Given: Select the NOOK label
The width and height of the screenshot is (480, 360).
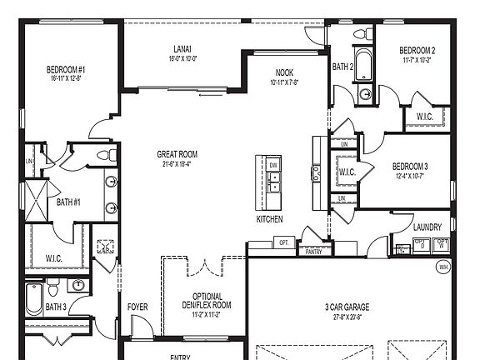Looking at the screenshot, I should (285, 72).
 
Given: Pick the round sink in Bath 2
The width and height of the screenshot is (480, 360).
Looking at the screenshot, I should (366, 95).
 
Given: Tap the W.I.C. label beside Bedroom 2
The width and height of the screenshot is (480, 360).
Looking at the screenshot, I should (424, 117).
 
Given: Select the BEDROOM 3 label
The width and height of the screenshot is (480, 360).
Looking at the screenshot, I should (410, 166).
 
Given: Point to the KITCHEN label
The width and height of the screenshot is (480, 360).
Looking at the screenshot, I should (269, 219).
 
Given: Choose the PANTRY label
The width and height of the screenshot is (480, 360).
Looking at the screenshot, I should (313, 251).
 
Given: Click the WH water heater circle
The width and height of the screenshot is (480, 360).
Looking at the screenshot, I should (443, 267).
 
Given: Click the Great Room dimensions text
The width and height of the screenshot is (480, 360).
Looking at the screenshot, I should (177, 164).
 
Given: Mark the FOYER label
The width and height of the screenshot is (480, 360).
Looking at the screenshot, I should (137, 307).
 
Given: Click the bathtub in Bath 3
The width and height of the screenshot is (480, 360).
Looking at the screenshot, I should (32, 299).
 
